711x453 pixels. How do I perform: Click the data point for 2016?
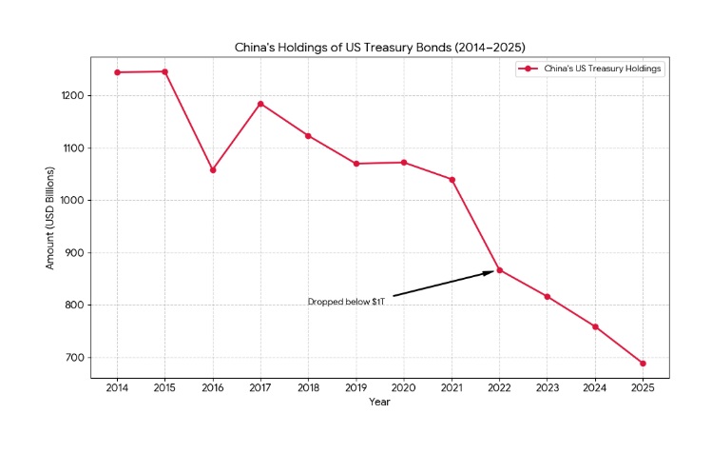tap(213, 170)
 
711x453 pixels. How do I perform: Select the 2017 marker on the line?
tap(260, 104)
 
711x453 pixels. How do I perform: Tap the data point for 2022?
tap(500, 269)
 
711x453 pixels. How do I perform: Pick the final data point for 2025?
tap(644, 364)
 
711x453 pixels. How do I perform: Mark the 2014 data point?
tap(117, 72)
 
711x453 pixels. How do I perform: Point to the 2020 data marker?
tap(404, 163)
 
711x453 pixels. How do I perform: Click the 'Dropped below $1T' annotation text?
tap(346, 302)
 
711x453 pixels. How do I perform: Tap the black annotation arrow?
tap(443, 284)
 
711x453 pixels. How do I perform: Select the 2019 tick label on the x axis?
tap(356, 387)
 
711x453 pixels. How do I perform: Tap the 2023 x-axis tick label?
tap(548, 387)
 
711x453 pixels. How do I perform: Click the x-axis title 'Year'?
tap(379, 402)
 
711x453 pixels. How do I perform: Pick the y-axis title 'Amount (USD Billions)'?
tap(50, 218)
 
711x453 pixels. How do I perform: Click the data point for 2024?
tap(595, 326)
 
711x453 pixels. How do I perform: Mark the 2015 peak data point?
tap(164, 71)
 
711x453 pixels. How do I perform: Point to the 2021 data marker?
tap(452, 180)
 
